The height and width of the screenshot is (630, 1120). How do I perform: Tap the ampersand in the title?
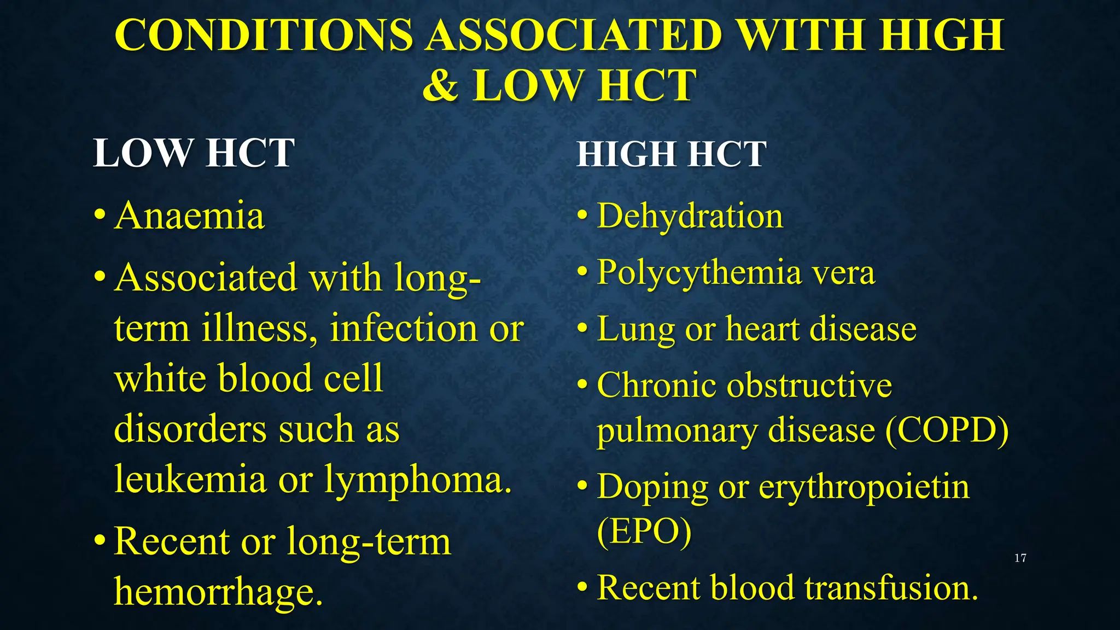440,86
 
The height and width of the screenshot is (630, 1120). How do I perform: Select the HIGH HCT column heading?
671,154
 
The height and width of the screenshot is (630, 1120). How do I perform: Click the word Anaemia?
190,215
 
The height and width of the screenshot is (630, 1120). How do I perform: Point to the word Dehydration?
690,216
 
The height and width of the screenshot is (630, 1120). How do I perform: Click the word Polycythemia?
697,272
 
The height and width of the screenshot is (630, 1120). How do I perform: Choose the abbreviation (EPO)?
644,531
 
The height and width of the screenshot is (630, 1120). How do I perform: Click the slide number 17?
1020,558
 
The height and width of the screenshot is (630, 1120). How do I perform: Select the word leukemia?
190,479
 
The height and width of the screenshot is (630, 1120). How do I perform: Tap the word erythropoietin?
864,487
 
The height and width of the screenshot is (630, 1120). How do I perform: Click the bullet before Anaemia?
99,215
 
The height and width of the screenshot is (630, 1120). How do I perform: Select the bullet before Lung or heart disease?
583,329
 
